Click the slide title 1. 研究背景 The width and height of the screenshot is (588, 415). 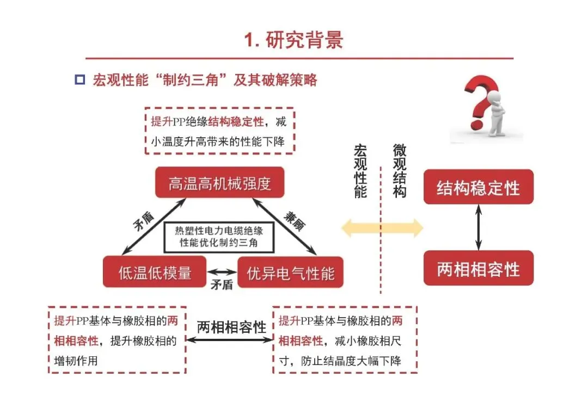point(293,40)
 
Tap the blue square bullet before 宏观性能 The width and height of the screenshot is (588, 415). point(79,80)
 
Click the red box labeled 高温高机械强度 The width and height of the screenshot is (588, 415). point(219,183)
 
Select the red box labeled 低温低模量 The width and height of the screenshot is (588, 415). point(155,272)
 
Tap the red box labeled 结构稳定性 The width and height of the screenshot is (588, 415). point(478,188)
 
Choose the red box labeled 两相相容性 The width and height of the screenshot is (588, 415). point(478,269)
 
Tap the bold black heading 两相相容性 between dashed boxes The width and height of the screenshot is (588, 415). point(231,327)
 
